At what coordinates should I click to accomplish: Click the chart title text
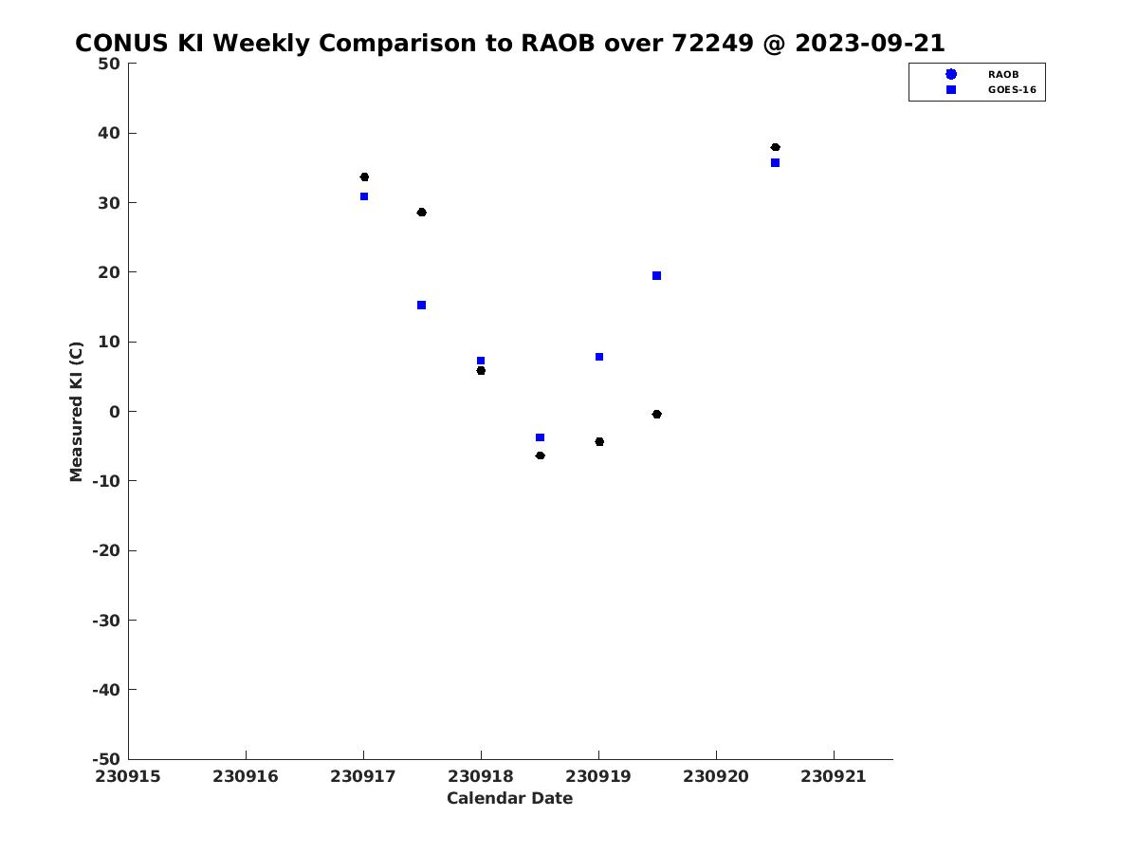coord(509,43)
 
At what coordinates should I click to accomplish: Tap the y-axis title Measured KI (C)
coord(76,411)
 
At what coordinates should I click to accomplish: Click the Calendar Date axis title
coord(509,797)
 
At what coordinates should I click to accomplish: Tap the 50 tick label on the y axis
coord(109,64)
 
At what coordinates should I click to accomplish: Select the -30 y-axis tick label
coord(106,621)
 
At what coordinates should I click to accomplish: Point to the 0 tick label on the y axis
coord(115,412)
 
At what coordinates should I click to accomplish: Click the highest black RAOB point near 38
coord(775,147)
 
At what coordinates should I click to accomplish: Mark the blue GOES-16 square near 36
coord(775,163)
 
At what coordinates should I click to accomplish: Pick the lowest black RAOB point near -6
coord(540,455)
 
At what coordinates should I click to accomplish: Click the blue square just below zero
coord(540,437)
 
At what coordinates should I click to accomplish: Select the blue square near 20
coord(656,275)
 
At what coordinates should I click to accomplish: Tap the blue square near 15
coord(421,305)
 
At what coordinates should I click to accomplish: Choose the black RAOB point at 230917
coord(364,176)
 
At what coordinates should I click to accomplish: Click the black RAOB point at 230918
coord(481,370)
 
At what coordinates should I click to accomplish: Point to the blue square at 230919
coord(598,357)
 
